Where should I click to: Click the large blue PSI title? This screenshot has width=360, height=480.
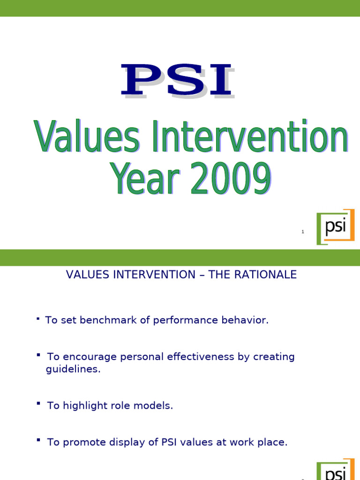[x=177, y=81]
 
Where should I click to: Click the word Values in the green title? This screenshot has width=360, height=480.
[x=86, y=137]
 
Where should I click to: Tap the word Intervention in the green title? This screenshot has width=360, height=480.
[x=246, y=137]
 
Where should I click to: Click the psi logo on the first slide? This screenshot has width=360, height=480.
[x=335, y=227]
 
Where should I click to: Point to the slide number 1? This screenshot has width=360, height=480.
[x=303, y=232]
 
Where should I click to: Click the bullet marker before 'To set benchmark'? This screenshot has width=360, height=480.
[x=37, y=319]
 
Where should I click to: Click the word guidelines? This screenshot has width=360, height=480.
[x=73, y=369]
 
